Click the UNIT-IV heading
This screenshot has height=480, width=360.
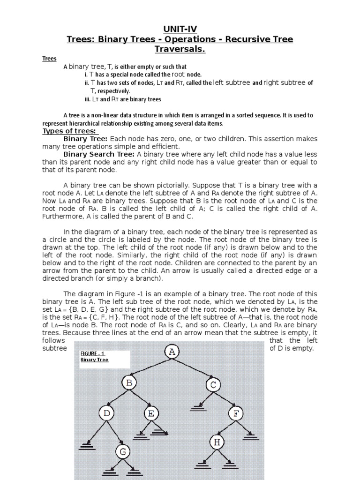point(180,29)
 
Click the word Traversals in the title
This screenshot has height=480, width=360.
point(180,49)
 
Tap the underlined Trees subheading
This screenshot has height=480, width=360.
point(49,59)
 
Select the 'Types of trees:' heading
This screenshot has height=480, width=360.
point(69,131)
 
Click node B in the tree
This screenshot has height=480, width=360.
point(129,383)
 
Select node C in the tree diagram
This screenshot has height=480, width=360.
point(213,385)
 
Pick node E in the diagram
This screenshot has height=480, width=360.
point(151,413)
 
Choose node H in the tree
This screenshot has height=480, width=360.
point(217,442)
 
